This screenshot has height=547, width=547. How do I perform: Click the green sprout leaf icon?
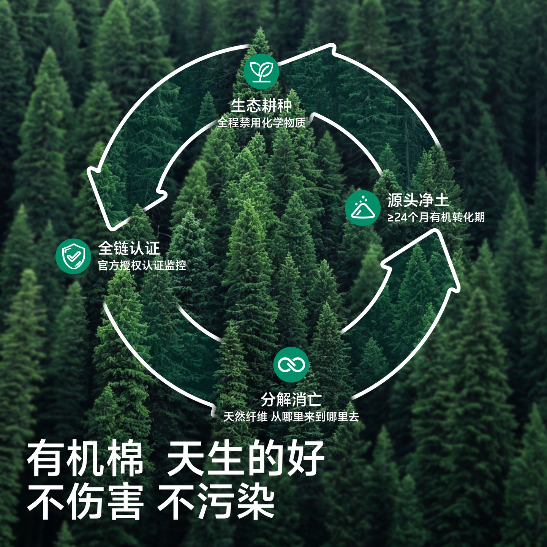point(261,71)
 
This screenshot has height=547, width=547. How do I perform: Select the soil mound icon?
point(363,209)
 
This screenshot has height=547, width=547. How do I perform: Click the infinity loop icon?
point(291,365)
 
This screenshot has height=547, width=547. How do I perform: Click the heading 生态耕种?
point(261,106)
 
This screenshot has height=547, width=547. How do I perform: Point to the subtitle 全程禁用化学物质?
point(261,123)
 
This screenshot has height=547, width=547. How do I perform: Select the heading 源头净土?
point(418,200)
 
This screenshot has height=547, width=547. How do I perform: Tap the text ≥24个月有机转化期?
point(436,217)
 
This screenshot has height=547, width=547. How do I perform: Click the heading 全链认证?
point(129,248)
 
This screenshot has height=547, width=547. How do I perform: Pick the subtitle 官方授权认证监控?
point(142,266)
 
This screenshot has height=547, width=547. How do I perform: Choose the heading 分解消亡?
point(291,399)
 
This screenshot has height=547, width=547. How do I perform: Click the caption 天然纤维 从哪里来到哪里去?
point(291,417)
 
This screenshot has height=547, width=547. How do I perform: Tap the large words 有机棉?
point(85,460)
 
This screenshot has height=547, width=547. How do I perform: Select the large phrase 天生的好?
point(246,460)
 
